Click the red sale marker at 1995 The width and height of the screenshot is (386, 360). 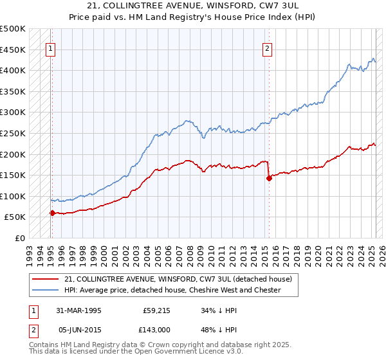tap(52, 213)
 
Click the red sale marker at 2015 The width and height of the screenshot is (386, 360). tap(269, 179)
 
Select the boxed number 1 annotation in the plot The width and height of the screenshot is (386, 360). tap(50, 47)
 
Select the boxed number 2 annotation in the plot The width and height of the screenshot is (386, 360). tap(267, 47)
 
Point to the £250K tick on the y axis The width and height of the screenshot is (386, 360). tap(13, 133)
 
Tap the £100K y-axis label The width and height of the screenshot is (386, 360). tap(13, 196)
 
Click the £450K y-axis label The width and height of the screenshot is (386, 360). tap(13, 50)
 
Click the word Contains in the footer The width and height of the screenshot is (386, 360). tap(45, 345)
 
